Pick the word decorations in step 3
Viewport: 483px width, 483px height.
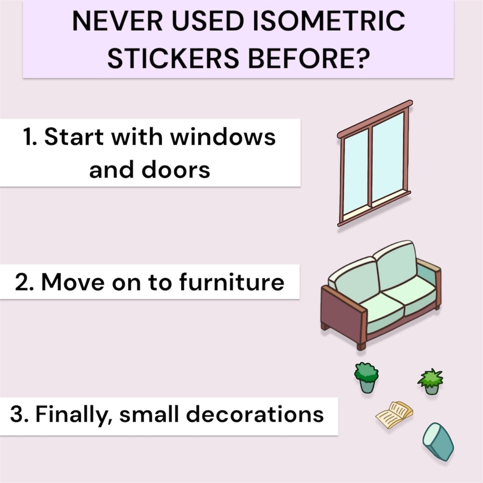255,414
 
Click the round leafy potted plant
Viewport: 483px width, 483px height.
366,377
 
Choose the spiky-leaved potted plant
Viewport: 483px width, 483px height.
431,381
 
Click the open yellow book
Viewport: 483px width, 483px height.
394,414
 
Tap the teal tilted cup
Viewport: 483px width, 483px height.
439,441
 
